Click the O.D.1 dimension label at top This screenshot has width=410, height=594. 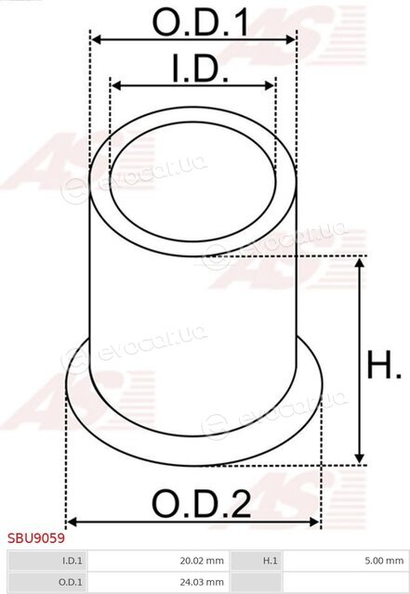coord(200,22)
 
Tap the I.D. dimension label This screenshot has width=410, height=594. coord(201,68)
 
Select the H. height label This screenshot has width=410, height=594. coord(383,365)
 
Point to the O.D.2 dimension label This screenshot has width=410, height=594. coord(201,504)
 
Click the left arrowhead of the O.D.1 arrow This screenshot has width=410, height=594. coord(97,39)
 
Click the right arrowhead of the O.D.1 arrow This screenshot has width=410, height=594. coord(291,39)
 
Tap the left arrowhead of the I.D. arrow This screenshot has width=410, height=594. coord(116,85)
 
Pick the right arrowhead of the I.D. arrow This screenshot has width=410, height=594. coord(270,85)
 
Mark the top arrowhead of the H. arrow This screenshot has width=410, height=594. coord(359,263)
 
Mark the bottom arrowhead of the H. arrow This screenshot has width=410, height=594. coord(359,458)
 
